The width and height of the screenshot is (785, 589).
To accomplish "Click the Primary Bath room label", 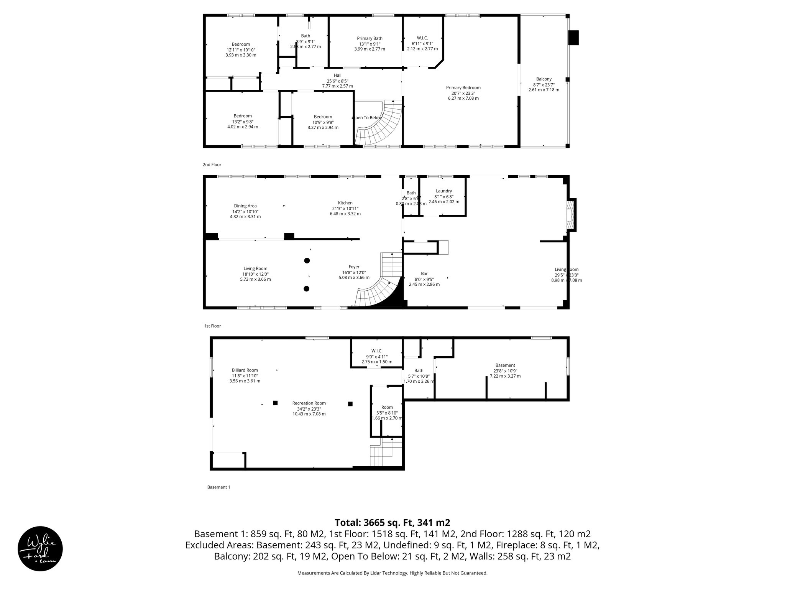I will click(x=370, y=38).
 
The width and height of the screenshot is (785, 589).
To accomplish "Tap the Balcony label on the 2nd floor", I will click(x=544, y=79).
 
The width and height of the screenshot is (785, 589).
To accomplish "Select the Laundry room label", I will click(x=443, y=191).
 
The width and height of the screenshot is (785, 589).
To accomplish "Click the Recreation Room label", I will click(x=309, y=403).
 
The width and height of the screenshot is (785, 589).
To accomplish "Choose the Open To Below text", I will click(x=367, y=118).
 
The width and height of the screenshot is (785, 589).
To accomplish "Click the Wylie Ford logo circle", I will click(x=40, y=548).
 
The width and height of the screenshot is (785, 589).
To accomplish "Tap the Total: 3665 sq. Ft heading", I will click(x=392, y=523).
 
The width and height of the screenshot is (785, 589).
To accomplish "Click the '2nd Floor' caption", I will click(x=212, y=165).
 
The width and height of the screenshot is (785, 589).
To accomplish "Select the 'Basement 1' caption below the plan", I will click(x=218, y=487).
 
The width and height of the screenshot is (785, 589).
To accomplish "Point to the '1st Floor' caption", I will click(x=212, y=326).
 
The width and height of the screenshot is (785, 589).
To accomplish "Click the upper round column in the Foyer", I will click(x=307, y=261).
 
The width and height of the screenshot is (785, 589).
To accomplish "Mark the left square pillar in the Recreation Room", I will click(x=275, y=403).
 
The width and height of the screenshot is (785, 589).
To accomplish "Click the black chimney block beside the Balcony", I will click(x=573, y=38).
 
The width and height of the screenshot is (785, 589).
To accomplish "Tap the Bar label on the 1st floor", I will click(x=424, y=273).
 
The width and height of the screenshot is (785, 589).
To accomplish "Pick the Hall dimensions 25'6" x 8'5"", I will click(x=337, y=81).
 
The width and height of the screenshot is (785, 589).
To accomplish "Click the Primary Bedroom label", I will click(x=463, y=87).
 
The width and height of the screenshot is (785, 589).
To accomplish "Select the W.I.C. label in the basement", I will click(x=376, y=351).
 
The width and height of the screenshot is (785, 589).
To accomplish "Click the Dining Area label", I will click(x=245, y=206).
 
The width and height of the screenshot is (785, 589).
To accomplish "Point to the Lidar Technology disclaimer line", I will click(x=392, y=573).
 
